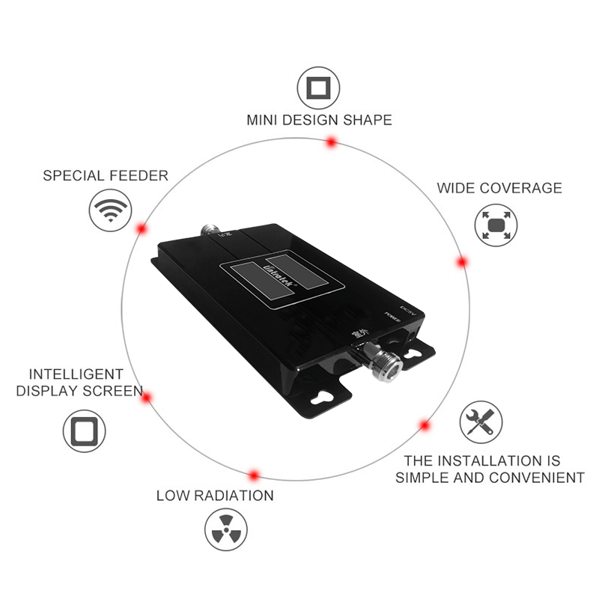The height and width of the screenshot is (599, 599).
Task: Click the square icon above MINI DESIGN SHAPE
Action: [x=319, y=88]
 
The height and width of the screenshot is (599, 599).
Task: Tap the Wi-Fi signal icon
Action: [x=111, y=210]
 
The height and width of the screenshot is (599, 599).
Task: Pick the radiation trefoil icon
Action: [x=225, y=531]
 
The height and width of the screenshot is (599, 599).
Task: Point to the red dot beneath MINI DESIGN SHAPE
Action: [x=330, y=142]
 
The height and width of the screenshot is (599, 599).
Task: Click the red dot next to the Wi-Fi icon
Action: [x=141, y=228]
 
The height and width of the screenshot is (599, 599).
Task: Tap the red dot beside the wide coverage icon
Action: [x=462, y=262]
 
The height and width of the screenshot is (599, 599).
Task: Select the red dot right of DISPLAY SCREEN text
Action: [x=148, y=398]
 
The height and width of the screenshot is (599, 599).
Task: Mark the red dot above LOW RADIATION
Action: [x=254, y=475]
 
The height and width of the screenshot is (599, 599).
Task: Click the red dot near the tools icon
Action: [x=425, y=425]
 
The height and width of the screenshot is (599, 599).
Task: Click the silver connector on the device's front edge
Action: [x=383, y=359]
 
